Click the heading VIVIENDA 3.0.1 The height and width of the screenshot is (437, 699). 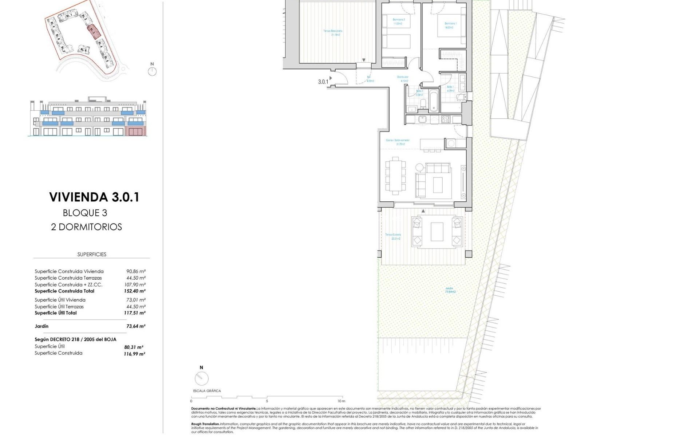coord(94,197)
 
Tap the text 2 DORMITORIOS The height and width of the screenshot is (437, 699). coord(86,227)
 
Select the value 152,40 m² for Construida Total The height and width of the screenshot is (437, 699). coord(135,291)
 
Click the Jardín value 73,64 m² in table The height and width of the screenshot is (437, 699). coord(136,326)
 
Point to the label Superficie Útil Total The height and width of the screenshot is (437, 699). coord(56,313)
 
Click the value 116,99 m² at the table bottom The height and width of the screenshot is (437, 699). coord(134,354)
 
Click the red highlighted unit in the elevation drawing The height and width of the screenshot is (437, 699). coord(136,131)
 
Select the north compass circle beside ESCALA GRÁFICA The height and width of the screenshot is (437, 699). coord(201,379)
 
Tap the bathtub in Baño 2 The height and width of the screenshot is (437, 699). coord(434,101)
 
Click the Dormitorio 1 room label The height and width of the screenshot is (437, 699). coord(450,25)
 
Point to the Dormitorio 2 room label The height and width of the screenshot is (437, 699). coord(399,21)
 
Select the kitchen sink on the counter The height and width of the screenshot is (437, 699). coord(423,119)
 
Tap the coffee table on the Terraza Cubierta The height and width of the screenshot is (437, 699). coord(437,232)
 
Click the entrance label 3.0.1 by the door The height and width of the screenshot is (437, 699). coord(323,82)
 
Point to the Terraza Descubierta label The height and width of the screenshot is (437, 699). coord(333,33)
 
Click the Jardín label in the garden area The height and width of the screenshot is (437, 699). coord(450,290)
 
